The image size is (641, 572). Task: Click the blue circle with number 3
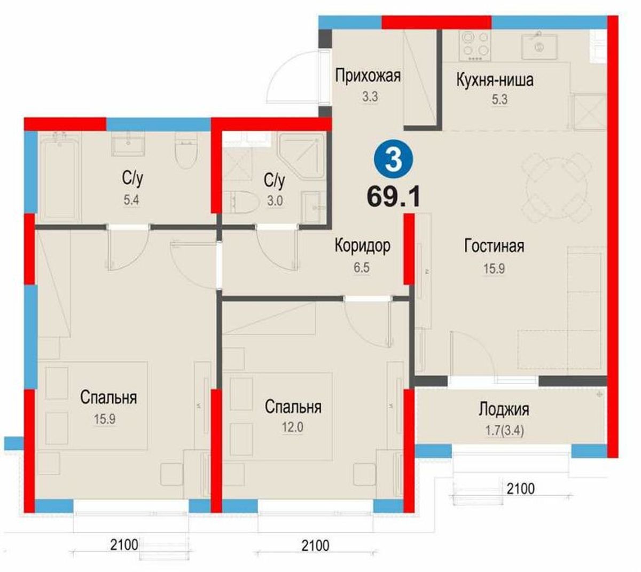click(x=394, y=161)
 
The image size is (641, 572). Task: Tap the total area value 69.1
click(x=394, y=196)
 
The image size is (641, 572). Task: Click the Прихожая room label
click(x=368, y=76)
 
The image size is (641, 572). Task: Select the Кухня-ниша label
click(x=495, y=80)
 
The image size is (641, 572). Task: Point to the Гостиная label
click(x=494, y=245)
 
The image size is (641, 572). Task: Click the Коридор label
click(x=362, y=245)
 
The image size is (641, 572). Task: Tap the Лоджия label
click(x=503, y=410)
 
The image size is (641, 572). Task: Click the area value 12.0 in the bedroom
click(x=292, y=427)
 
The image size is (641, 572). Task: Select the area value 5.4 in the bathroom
click(x=131, y=200)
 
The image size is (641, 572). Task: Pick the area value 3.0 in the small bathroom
click(x=275, y=201)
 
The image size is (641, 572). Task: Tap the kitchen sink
click(x=539, y=46)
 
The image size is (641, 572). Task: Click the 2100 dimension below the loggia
click(x=520, y=489)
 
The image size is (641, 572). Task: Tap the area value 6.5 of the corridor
click(x=362, y=268)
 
